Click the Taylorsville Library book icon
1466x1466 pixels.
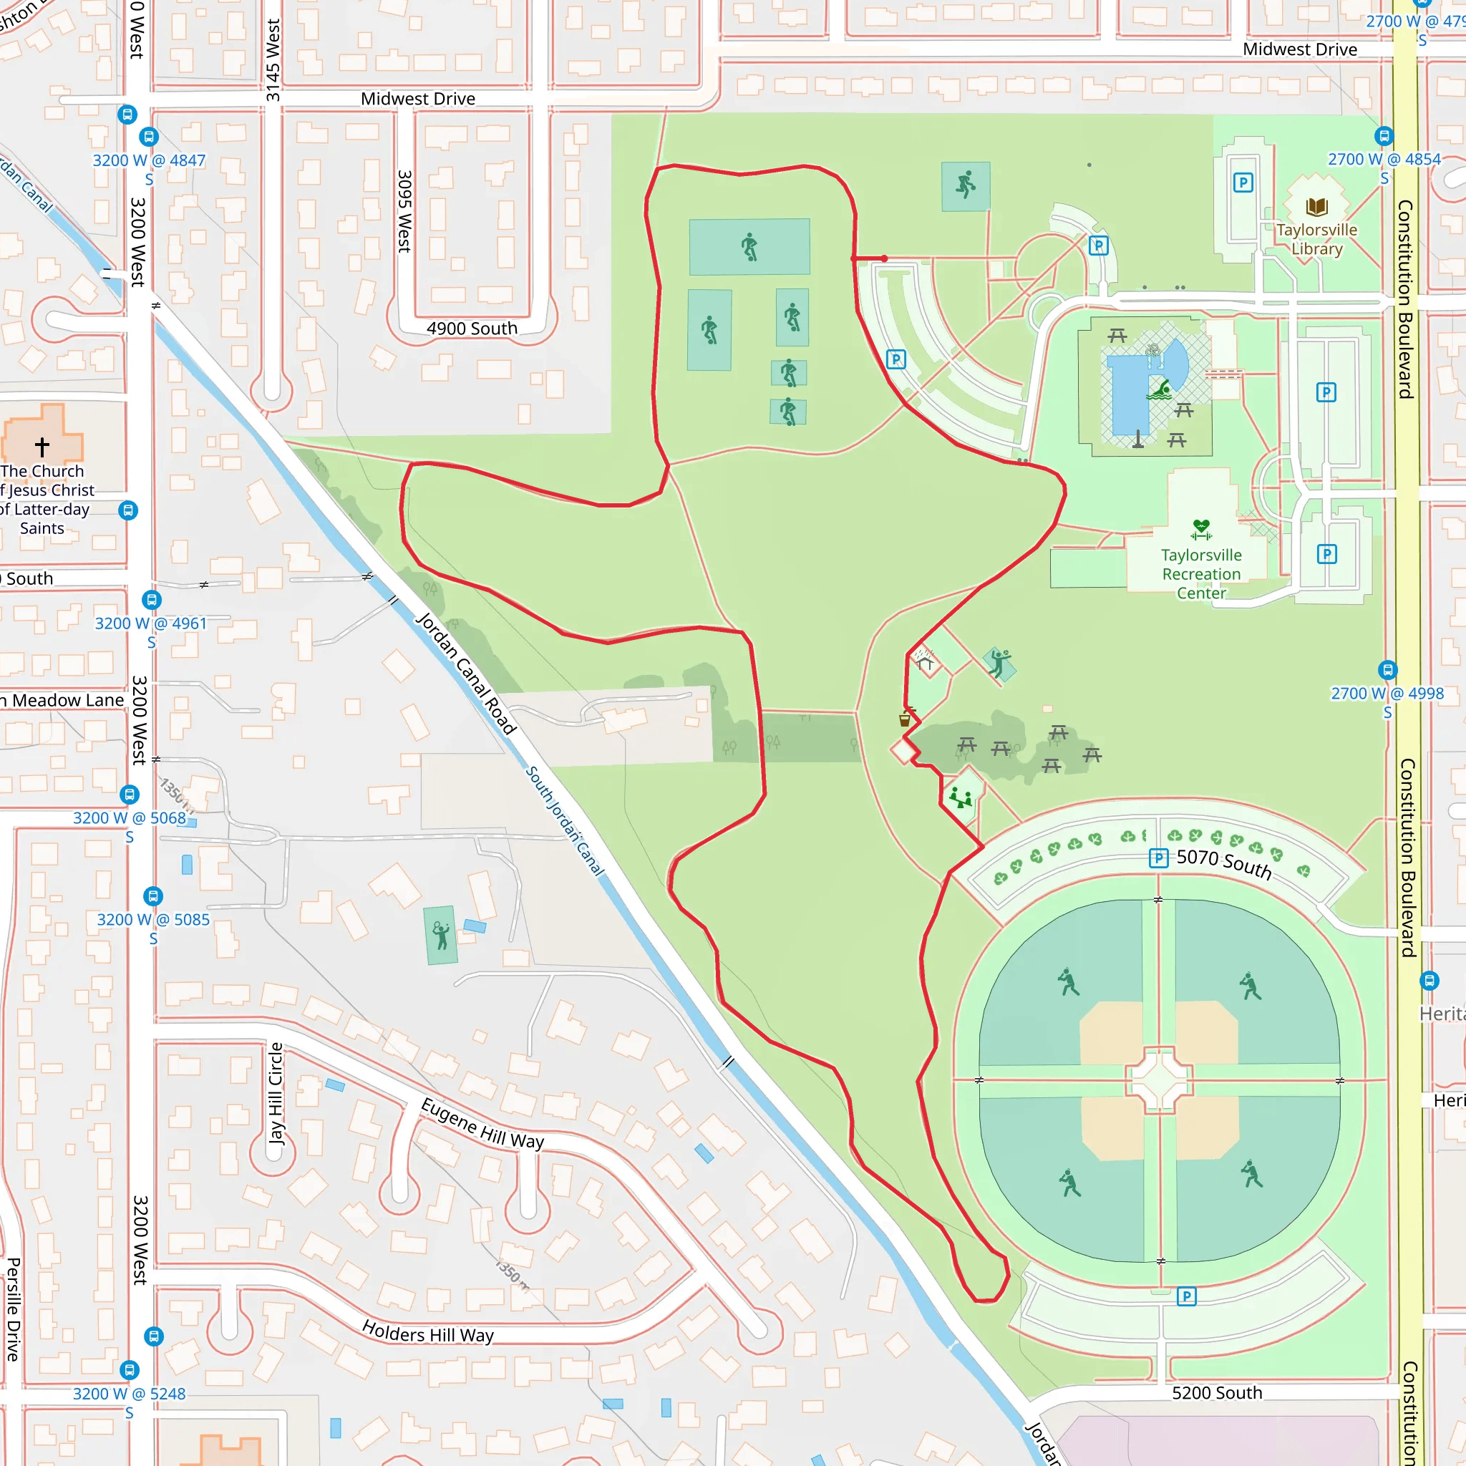pyautogui.click(x=1316, y=206)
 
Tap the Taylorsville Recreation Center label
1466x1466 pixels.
pyautogui.click(x=1201, y=574)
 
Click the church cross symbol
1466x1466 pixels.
pyautogui.click(x=42, y=446)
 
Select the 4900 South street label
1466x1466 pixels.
pyautogui.click(x=471, y=329)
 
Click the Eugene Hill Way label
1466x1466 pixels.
pyautogui.click(x=482, y=1124)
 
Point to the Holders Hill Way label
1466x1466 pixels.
pyautogui.click(x=427, y=1332)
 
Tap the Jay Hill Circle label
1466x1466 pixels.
pyautogui.click(x=276, y=1092)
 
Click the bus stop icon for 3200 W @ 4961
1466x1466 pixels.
pyautogui.click(x=152, y=599)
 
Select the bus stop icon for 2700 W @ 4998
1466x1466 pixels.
pyautogui.click(x=1387, y=670)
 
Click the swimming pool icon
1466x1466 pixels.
pyautogui.click(x=1160, y=390)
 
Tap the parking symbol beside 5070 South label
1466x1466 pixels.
pyautogui.click(x=1158, y=858)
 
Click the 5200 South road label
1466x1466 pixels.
pyautogui.click(x=1216, y=1393)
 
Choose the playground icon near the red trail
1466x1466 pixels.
pyautogui.click(x=961, y=798)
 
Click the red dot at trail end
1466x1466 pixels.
pyautogui.click(x=885, y=258)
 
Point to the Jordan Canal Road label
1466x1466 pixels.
pyautogui.click(x=465, y=673)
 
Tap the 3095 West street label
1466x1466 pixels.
pyautogui.click(x=404, y=211)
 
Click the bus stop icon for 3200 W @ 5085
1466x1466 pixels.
pyautogui.click(x=153, y=896)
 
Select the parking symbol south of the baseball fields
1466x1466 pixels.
pyautogui.click(x=1187, y=1296)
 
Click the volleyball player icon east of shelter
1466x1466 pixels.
pyautogui.click(x=999, y=662)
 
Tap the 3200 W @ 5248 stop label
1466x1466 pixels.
pyautogui.click(x=129, y=1394)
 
